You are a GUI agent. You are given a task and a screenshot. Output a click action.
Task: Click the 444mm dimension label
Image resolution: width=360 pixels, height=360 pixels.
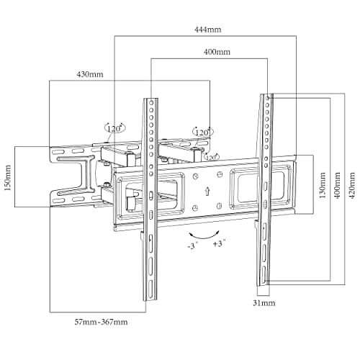click(207, 30)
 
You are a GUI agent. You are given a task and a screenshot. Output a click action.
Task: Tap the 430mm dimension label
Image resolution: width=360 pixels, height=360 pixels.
click(90, 74)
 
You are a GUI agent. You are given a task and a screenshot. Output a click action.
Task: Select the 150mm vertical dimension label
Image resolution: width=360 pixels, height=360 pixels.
click(8, 178)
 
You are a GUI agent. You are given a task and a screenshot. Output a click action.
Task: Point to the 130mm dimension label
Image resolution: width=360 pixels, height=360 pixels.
click(323, 184)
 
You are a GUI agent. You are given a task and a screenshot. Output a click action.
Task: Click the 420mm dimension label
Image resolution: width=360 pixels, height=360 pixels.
click(352, 184)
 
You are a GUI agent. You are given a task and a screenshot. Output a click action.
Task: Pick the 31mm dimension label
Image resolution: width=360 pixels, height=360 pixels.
click(264, 303)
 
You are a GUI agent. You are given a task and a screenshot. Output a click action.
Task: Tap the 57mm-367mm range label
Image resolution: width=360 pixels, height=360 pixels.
click(101, 322)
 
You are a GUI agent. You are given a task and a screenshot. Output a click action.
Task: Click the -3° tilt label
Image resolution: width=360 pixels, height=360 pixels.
click(193, 246)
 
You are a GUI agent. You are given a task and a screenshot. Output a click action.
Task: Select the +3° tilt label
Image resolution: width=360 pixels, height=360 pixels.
click(220, 243)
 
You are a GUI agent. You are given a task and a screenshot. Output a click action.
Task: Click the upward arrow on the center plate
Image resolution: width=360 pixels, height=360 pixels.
click(207, 191)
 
